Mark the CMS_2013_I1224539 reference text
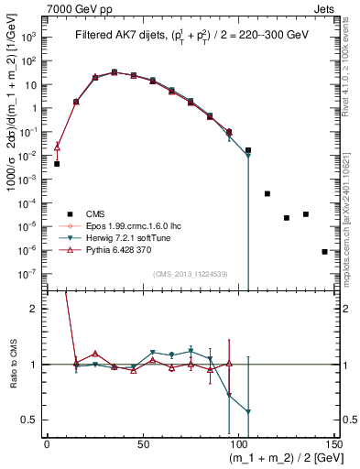191,272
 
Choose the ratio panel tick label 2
36,309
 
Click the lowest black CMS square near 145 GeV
324,251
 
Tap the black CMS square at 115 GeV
267,193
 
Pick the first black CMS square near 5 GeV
57,164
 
